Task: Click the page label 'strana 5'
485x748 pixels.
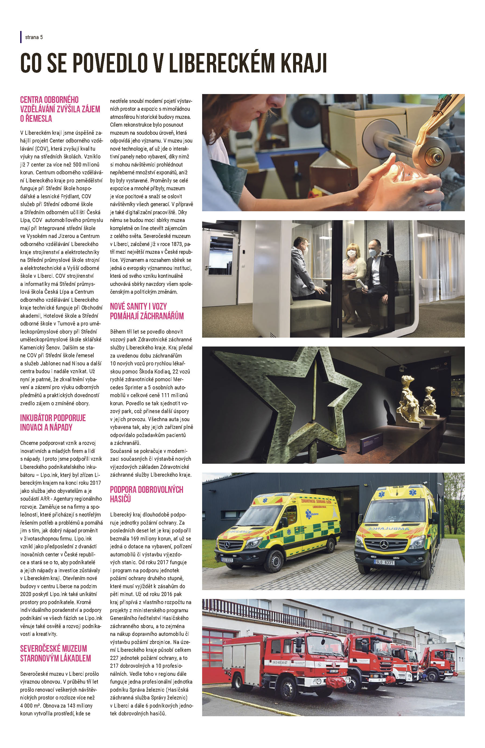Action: point(34,37)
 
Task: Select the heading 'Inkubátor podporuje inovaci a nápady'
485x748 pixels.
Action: point(53,423)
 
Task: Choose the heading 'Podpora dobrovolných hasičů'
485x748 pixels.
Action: point(146,494)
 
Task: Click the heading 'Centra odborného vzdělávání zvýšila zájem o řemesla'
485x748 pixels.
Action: point(60,109)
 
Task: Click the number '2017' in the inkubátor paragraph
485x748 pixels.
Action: point(95,482)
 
